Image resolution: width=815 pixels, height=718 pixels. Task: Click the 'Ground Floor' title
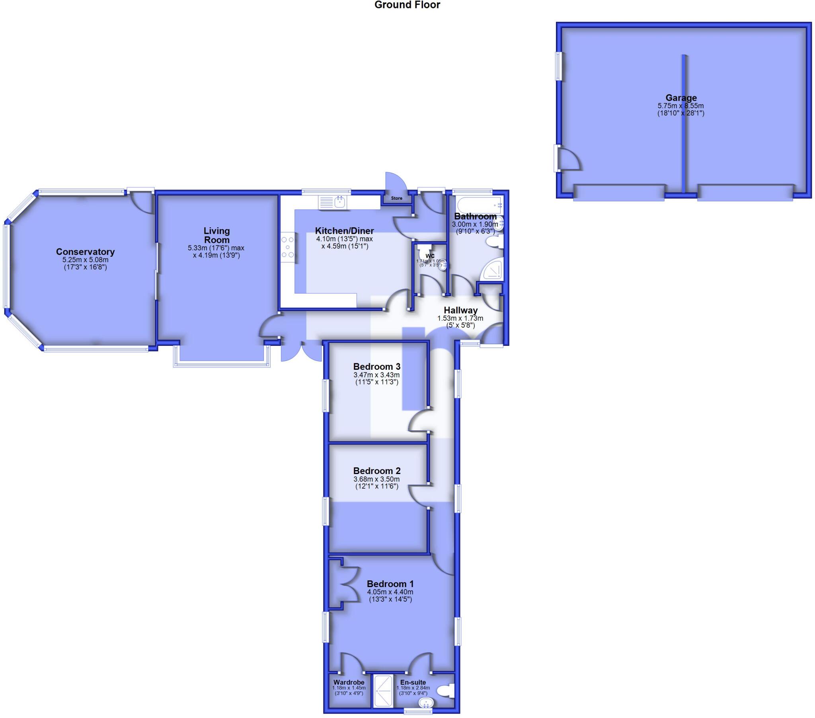(407, 5)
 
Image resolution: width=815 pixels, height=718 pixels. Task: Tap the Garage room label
(681, 98)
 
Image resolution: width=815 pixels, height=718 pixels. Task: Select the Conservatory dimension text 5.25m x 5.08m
(85, 259)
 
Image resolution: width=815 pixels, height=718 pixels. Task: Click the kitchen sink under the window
(333, 202)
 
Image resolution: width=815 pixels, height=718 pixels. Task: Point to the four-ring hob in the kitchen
(288, 247)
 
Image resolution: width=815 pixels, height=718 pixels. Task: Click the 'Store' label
(396, 198)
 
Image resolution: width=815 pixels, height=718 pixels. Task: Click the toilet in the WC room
(423, 252)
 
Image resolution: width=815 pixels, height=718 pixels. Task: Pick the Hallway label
(460, 310)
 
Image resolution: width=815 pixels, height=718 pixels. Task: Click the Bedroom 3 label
(377, 366)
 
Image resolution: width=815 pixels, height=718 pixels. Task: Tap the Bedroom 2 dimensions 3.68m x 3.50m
(376, 479)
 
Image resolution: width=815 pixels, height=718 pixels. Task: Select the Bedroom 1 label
(390, 583)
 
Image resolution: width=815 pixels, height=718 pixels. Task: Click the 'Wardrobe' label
(349, 682)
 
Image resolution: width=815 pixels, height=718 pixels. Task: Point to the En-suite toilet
(446, 691)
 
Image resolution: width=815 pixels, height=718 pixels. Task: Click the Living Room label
(216, 235)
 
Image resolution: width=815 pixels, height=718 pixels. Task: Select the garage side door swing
(569, 160)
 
